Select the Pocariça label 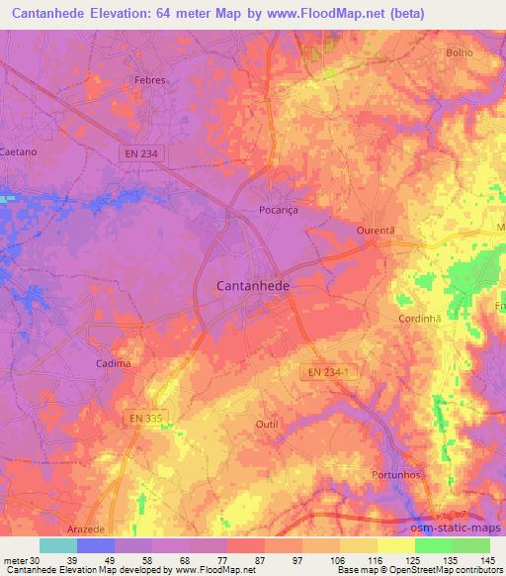point(278,211)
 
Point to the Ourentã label point(376,231)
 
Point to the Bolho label point(461,53)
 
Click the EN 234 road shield point(139,153)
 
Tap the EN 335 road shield point(147,420)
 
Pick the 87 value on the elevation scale point(261,560)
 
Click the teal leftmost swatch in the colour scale point(57,545)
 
